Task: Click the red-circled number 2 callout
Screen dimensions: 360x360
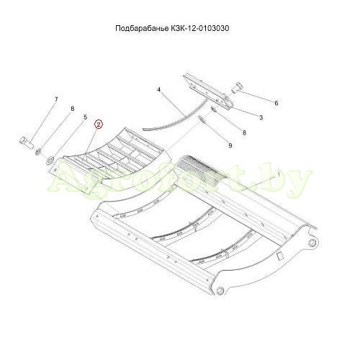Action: coord(99,125)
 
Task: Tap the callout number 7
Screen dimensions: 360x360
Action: coord(56,99)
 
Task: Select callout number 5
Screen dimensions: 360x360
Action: coord(85,117)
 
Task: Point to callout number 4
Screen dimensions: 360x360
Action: coord(158,90)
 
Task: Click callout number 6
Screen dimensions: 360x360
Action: coord(276,103)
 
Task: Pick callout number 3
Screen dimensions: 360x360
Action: coord(261,117)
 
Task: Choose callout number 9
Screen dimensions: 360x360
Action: coord(230,145)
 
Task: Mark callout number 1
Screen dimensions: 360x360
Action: coord(279,174)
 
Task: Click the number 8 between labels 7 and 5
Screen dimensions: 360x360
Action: coord(72,109)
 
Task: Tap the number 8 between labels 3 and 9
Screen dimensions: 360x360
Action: coord(244,132)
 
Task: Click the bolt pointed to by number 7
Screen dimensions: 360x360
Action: coord(26,142)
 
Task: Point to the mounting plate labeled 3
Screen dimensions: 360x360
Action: coord(208,92)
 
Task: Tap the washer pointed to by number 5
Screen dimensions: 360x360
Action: coord(50,161)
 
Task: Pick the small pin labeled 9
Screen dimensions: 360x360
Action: coord(202,120)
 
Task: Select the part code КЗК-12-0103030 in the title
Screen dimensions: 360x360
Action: coord(200,28)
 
